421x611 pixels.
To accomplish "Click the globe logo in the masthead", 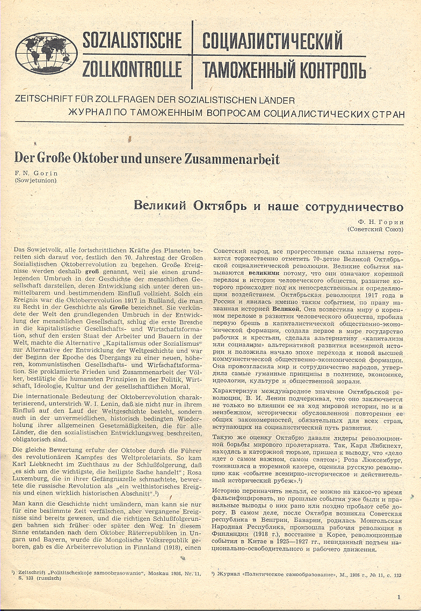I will [46, 54].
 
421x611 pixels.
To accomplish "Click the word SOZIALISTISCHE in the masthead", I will [132, 41].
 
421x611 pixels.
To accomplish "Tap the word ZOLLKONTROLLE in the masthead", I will [132, 69].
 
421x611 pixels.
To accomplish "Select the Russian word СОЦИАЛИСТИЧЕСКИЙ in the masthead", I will [272, 41].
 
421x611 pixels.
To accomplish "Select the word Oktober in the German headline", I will [99, 160].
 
